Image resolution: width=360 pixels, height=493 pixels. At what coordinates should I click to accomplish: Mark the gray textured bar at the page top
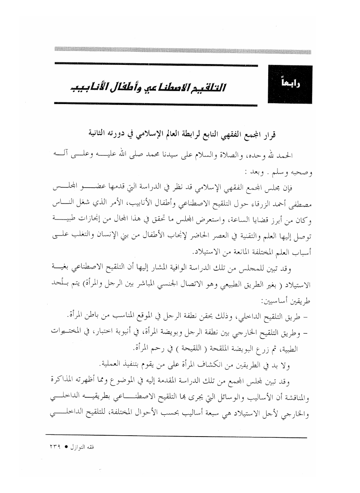click(x=183, y=51)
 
